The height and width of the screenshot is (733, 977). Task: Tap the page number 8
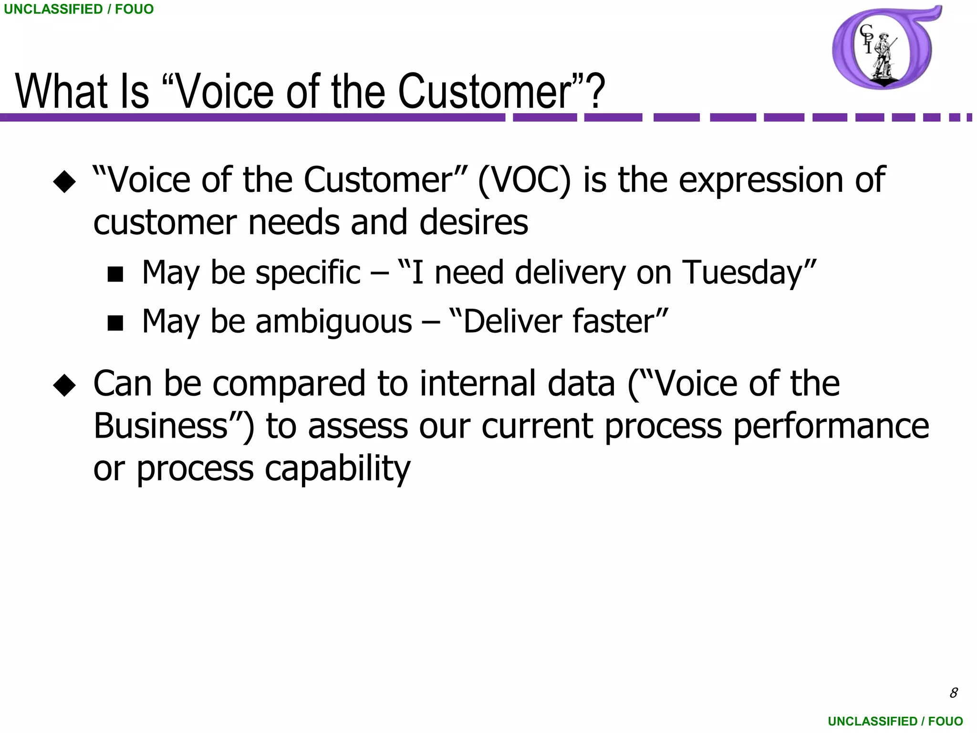(x=953, y=693)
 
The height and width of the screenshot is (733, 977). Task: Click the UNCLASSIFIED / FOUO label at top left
(x=79, y=9)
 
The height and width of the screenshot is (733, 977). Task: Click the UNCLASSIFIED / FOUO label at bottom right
(x=895, y=721)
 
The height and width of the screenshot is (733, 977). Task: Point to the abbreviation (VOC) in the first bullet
(x=524, y=180)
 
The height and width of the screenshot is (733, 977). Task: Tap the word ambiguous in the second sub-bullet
(x=334, y=322)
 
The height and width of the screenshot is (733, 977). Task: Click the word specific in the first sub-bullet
(x=308, y=273)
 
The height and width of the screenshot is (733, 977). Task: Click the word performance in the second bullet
(x=831, y=426)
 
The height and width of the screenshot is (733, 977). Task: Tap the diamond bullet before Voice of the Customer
(x=65, y=181)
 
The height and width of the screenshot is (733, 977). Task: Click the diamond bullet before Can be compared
(x=65, y=385)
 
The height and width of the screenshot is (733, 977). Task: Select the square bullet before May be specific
(x=115, y=274)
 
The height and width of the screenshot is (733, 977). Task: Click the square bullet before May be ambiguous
(x=115, y=323)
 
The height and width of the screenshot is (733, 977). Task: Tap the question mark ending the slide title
(x=596, y=92)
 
